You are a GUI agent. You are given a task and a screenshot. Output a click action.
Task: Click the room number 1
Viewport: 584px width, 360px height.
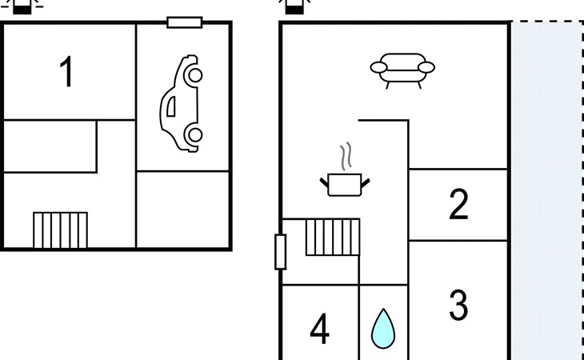coord(67,73)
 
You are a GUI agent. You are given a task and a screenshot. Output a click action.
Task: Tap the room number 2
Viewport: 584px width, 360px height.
coord(458,205)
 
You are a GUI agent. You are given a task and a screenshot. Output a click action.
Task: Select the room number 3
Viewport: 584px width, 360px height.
coord(458,305)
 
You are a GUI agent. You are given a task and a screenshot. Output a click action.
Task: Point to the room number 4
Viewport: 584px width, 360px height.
coord(319,329)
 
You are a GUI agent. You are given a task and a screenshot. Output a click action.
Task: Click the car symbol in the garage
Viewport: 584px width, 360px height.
coord(182,103)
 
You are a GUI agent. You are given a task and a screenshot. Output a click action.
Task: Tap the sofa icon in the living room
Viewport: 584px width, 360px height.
coord(402,70)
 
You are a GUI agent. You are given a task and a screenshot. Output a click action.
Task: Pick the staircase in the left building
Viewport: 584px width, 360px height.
coord(60,230)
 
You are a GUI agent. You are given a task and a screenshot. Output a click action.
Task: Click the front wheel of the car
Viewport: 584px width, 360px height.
coord(193,75)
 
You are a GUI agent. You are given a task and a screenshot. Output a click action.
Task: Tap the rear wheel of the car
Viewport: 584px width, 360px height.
coord(193,134)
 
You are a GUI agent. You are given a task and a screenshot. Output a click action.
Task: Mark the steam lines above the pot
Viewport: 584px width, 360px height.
coord(346,157)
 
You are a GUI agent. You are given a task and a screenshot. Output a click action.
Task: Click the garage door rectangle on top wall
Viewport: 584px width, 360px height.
coord(184,22)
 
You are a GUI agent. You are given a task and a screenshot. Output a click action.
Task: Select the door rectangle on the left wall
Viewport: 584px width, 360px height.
coord(280,251)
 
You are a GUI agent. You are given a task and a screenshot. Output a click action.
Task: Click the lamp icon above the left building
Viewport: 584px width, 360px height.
coord(25,7)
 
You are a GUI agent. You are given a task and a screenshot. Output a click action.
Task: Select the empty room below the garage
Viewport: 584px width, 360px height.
coord(183,210)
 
